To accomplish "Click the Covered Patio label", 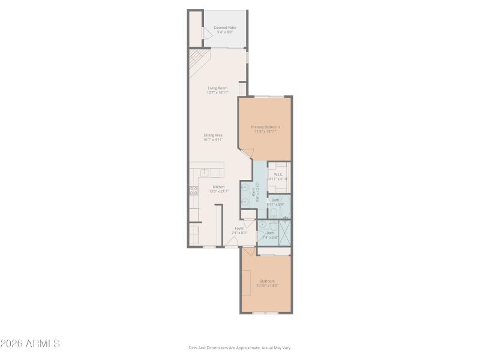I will click(225, 29).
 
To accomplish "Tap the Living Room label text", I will click(218, 90).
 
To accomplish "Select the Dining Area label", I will click(213, 137).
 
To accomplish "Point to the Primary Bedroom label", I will click(265, 129).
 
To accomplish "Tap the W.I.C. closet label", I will click(278, 176).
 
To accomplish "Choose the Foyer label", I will click(239, 230).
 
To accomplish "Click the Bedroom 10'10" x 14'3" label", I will click(267, 283).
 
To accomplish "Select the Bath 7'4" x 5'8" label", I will click(270, 235).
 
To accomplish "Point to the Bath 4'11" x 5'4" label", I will click(275, 202).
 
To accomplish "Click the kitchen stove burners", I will click(194, 191).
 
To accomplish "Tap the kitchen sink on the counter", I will click(205, 172).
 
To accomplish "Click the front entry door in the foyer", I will click(232, 242).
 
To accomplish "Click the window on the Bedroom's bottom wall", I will click(266, 313).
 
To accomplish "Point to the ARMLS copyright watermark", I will click(30, 344).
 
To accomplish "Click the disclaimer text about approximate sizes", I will click(239, 347).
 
